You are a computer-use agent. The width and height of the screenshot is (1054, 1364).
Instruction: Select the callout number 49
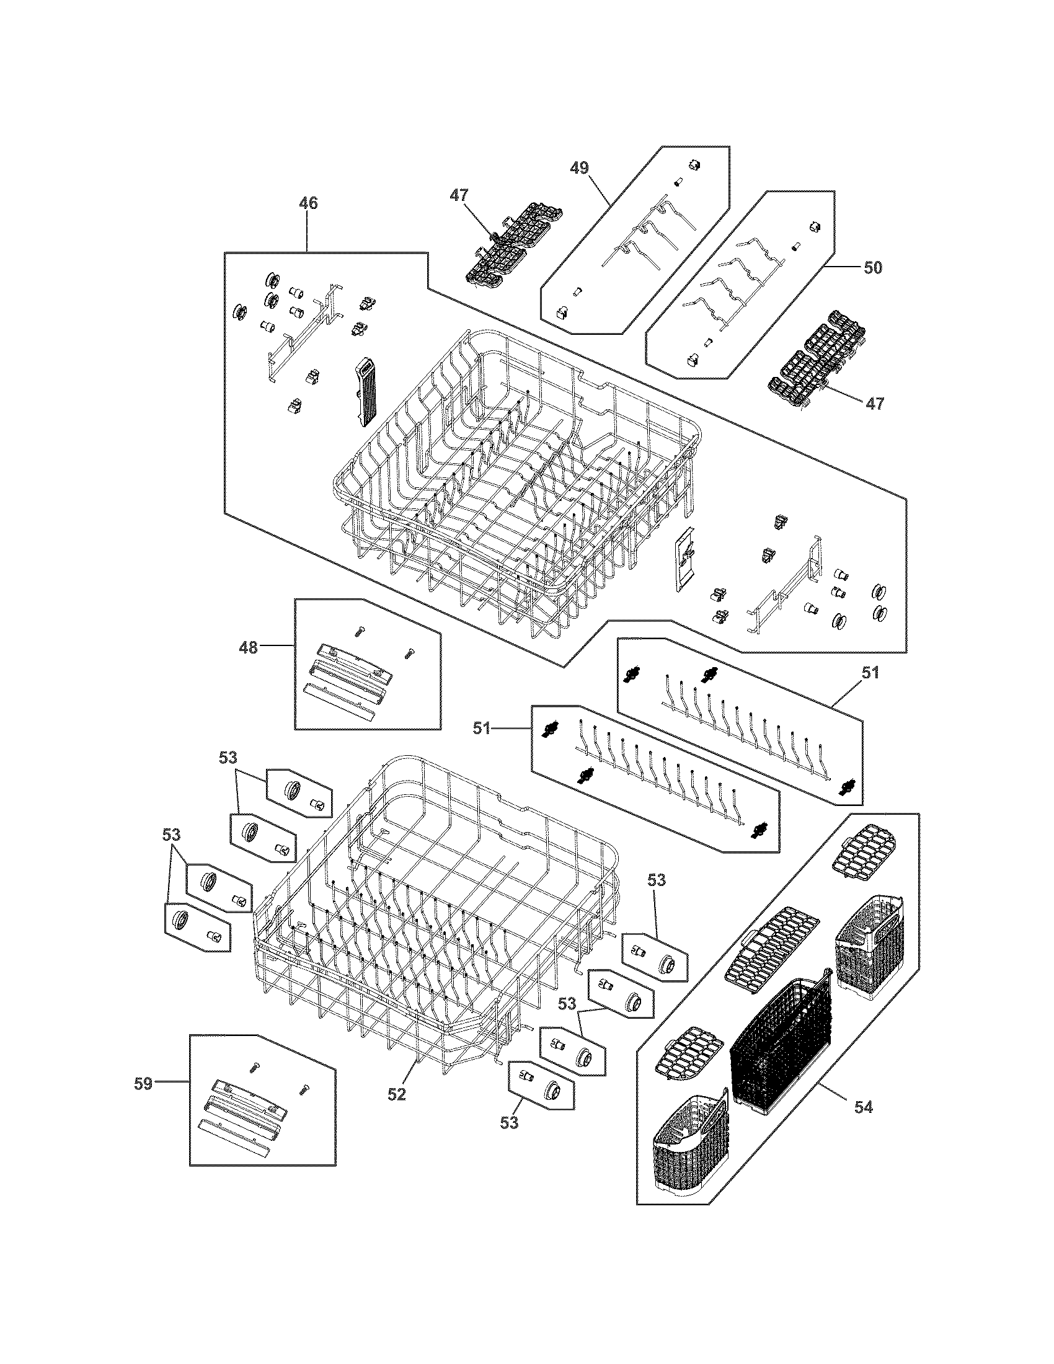tap(580, 168)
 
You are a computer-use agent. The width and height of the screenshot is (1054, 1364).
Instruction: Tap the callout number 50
tap(873, 268)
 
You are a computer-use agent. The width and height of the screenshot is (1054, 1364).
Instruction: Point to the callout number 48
tap(249, 648)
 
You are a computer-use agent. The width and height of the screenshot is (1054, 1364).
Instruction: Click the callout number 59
tap(144, 1084)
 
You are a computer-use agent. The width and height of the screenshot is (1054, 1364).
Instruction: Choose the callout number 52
tap(397, 1094)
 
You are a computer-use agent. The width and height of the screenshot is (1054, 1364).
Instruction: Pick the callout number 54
tap(864, 1107)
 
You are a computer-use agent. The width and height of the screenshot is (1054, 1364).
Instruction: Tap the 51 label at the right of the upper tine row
tap(870, 673)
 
